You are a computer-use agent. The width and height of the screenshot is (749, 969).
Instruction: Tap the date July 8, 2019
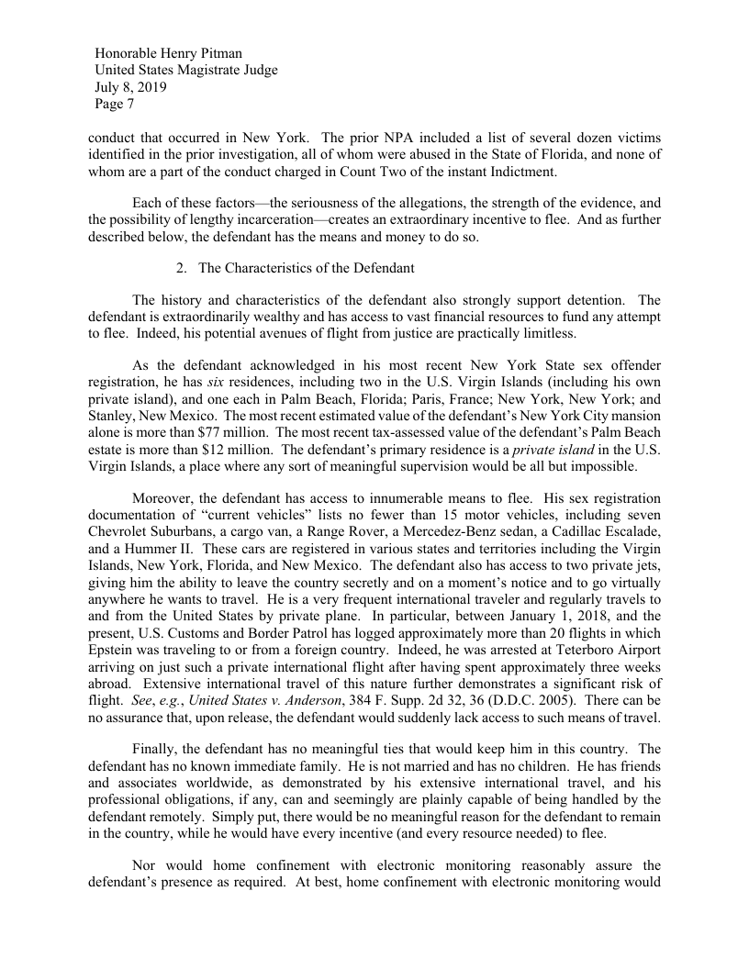click(131, 88)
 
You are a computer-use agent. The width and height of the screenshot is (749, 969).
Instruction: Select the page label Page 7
click(115, 105)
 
